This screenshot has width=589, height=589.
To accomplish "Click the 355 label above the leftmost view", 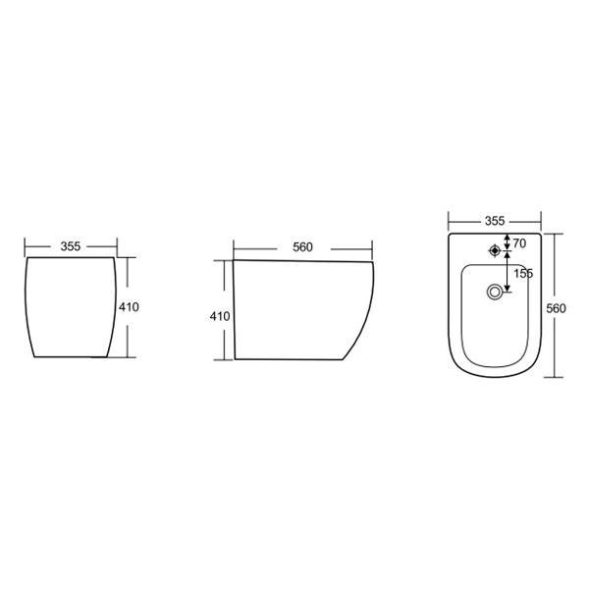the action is coord(71,246).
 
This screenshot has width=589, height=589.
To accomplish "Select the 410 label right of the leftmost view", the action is coord(129,307).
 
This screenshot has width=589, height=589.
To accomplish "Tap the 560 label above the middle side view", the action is coord(302,247).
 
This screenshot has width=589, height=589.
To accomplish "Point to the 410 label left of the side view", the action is coord(220,316).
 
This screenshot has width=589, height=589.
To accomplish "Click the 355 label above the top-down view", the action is coord(495,221).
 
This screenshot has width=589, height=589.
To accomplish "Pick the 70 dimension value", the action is coord(519,243).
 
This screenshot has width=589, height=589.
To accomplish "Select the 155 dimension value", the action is coord(523,273).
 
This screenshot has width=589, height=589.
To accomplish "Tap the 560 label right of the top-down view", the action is coord(556,308).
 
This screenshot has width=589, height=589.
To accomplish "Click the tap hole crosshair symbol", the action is coord(495,250).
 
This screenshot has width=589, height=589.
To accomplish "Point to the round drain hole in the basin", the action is coord(495,292).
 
